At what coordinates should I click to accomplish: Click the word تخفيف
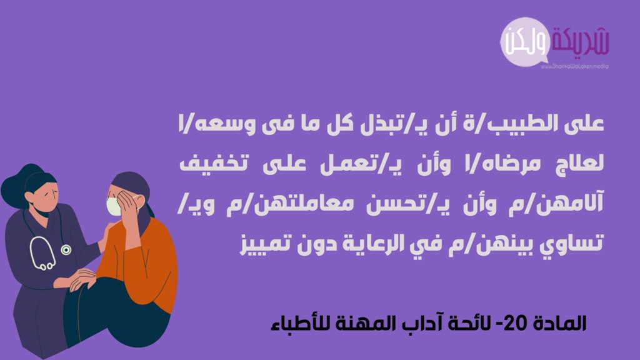(214, 164)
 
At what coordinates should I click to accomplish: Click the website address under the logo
(574, 66)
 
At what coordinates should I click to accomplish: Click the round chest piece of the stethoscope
(66, 250)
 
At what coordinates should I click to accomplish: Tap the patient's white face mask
(114, 206)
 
